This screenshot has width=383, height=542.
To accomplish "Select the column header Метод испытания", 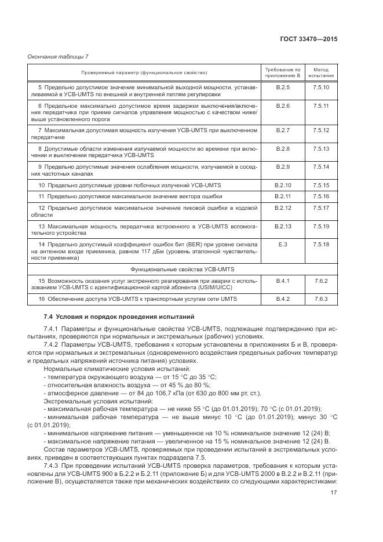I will point(321,72).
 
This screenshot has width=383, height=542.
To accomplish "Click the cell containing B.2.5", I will point(283,87).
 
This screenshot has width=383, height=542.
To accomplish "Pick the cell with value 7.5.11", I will point(321,106).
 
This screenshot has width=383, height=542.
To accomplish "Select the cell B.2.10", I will point(283,185).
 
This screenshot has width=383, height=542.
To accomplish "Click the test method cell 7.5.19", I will point(321,225).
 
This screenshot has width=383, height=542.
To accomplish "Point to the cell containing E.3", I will point(283,245).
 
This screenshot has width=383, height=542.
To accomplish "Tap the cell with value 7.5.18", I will point(321,245).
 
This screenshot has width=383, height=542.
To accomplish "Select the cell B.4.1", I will point(283,281).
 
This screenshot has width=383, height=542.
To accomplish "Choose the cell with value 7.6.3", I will point(321,299).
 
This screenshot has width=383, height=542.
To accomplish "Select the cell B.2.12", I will point(283,207).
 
